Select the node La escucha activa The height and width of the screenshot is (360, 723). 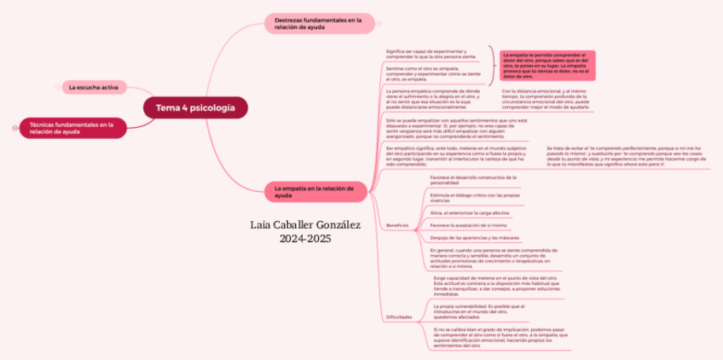[x=94, y=87]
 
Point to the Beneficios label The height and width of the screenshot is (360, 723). [x=397, y=224]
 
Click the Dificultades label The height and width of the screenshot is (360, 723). [x=399, y=316]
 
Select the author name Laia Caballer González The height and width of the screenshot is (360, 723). [x=306, y=225]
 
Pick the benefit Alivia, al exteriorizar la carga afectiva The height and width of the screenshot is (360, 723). [x=470, y=212]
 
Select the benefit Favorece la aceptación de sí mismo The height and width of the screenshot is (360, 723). [x=469, y=225]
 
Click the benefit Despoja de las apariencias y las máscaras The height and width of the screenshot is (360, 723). [x=475, y=237]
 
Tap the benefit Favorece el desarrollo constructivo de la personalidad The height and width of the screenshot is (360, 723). [x=474, y=179]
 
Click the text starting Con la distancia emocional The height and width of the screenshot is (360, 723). [x=546, y=99]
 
